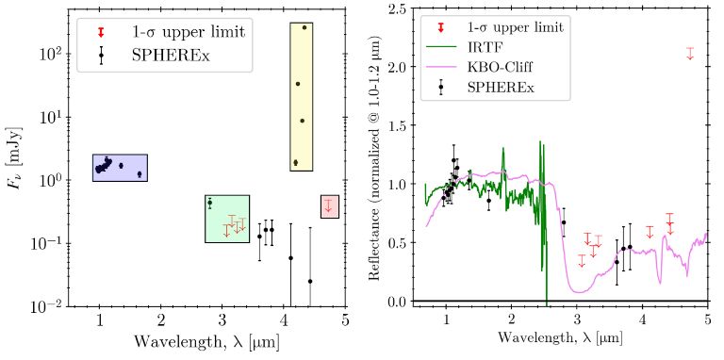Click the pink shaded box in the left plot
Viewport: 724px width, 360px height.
click(327, 206)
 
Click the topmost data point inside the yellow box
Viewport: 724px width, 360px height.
click(304, 27)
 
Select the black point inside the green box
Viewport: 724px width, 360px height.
click(210, 203)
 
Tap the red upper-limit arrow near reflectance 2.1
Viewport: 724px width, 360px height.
click(690, 54)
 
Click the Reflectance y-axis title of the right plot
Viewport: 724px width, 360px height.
click(375, 155)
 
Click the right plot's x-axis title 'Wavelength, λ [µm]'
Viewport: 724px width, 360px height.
click(562, 345)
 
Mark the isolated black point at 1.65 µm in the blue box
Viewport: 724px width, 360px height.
click(140, 173)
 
